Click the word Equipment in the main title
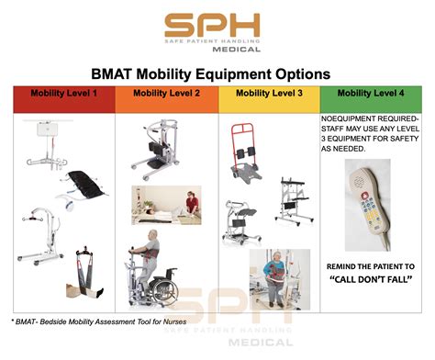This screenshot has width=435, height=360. [x=254, y=73]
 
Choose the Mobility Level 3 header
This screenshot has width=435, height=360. [x=268, y=94]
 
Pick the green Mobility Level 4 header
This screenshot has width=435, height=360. [x=371, y=94]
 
